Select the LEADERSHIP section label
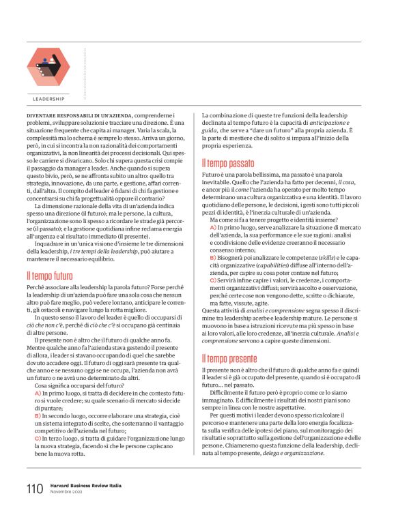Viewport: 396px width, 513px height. (x=48, y=99)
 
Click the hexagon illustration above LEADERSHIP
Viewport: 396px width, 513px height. (x=48, y=67)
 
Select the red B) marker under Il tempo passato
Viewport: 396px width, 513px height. (x=213, y=259)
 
